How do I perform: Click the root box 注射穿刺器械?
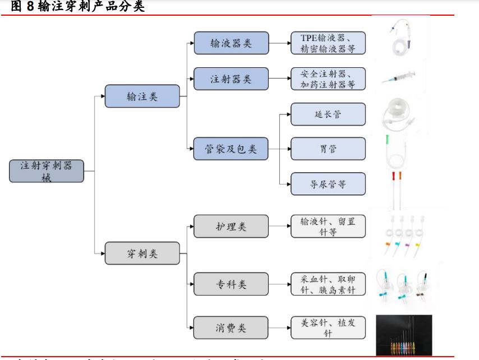tap(47, 170)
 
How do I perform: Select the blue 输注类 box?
tap(142, 96)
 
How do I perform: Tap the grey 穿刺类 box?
tap(142, 253)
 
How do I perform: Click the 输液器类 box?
tap(231, 43)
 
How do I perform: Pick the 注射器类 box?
tap(231, 79)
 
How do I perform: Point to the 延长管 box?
tap(328, 114)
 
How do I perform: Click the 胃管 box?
tap(328, 149)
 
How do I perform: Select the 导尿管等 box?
tap(328, 183)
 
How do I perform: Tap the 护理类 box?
tap(231, 227)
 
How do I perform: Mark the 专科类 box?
tap(231, 284)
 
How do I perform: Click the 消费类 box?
tap(231, 326)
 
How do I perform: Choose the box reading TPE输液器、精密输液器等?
tap(328, 43)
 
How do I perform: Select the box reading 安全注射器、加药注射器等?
tap(328, 79)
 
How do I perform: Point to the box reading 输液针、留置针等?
tap(328, 227)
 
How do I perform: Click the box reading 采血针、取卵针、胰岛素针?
tap(328, 284)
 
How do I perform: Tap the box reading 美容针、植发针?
tap(328, 326)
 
